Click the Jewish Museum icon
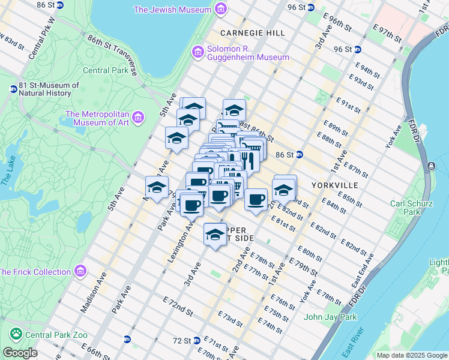click(221, 10)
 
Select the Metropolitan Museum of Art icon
click(139, 115)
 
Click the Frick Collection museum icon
click(80, 272)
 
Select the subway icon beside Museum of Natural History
click(13, 89)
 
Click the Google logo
click(19, 353)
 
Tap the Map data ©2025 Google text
click(411, 355)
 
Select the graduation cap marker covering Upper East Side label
click(215, 234)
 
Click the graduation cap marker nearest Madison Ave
click(157, 187)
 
